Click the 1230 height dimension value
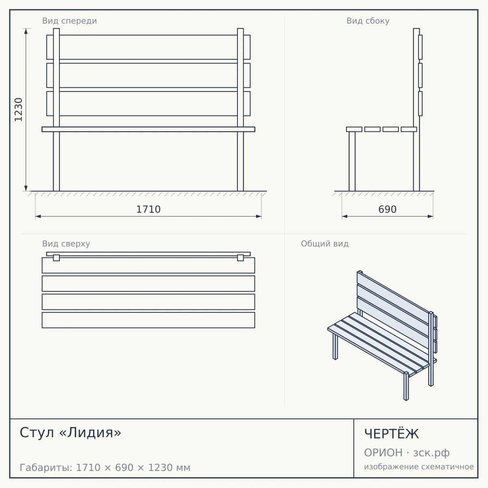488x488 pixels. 18,110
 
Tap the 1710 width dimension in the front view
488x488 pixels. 148,209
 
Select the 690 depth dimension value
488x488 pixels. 387,209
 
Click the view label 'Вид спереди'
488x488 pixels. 70,21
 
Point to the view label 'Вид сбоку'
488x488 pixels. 368,21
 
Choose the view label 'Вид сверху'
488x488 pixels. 66,244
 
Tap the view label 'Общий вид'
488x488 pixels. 325,244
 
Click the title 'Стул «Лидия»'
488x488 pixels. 70,432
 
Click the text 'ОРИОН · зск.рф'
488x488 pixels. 407,453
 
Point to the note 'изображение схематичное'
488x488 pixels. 419,466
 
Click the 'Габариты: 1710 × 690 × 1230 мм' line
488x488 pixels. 105,468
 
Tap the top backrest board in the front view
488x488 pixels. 148,47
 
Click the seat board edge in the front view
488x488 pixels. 148,129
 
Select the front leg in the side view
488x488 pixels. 352,161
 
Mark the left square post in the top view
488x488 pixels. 57,258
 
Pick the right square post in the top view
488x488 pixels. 240,258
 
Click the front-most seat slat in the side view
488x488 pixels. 354,129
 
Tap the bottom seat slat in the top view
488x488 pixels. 148,320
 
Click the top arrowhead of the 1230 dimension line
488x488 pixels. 26,31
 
